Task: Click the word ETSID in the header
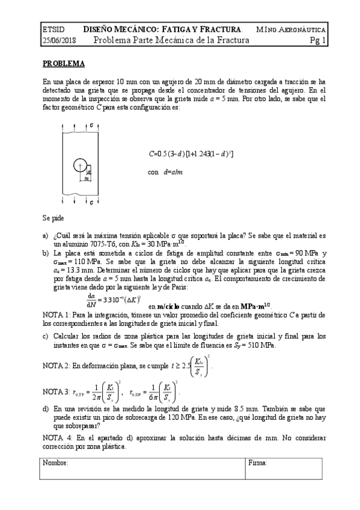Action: coord(53,29)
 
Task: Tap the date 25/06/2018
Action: coord(59,41)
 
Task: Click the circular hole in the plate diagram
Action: coord(78,165)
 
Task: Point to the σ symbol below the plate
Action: coord(91,203)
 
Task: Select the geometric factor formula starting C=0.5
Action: coord(191,154)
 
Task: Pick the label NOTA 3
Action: coord(58,392)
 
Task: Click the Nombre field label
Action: coord(56,462)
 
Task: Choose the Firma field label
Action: coord(258,462)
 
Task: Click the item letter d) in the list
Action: coord(46,408)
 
